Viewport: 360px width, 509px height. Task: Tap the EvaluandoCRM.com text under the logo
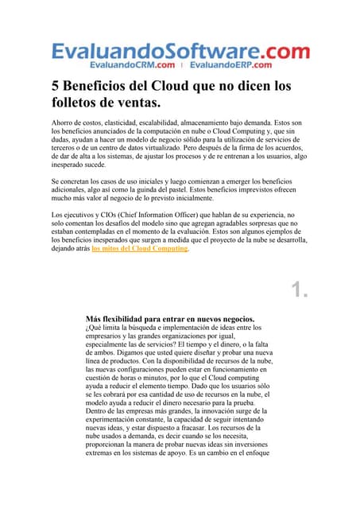[133, 64]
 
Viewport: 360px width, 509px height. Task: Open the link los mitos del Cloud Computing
[140, 248]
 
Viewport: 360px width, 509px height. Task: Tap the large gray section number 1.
[299, 291]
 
